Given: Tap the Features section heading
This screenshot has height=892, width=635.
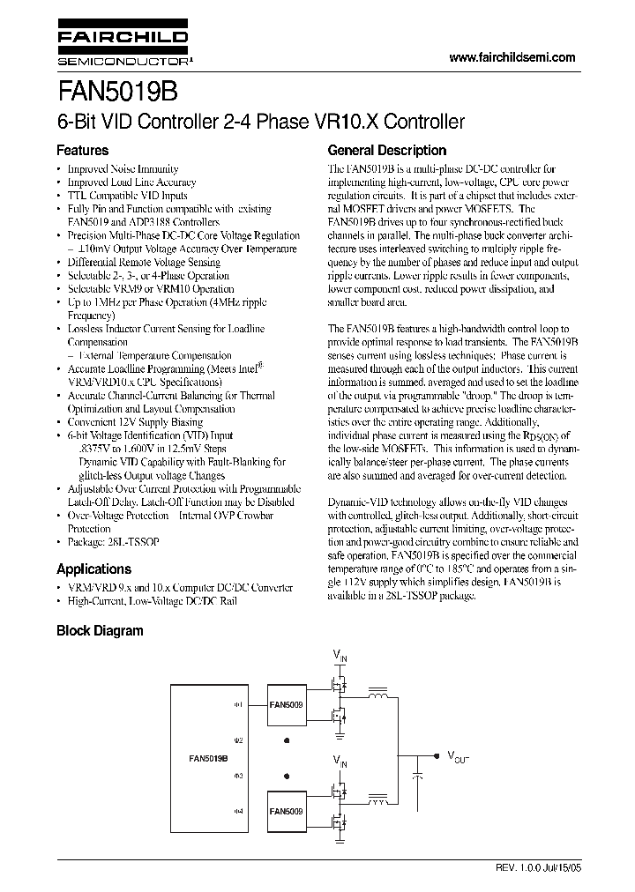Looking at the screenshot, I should [83, 151].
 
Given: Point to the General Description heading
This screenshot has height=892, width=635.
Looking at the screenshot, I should [387, 151].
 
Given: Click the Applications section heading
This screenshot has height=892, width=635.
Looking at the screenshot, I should [93, 569].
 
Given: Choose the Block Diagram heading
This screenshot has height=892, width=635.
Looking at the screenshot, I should [100, 630].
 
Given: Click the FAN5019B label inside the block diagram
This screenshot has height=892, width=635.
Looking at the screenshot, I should [209, 757].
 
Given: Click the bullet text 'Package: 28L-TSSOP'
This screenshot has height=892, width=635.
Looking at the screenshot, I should [120, 542].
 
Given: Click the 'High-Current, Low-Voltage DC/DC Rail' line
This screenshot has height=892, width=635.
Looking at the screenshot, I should [153, 601].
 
